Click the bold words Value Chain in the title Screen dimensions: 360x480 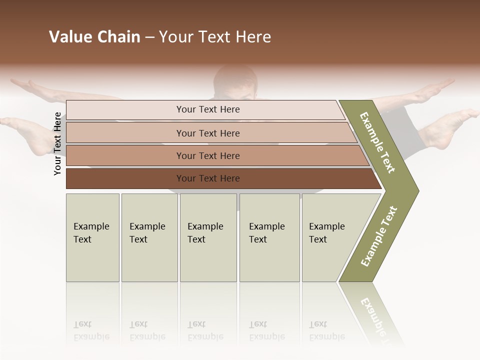click(94, 37)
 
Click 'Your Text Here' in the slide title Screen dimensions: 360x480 click(215, 37)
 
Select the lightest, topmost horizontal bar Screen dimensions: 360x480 click(207, 109)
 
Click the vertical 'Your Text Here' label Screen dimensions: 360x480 click(57, 143)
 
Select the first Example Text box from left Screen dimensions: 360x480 click(92, 237)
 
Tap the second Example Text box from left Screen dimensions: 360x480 click(149, 237)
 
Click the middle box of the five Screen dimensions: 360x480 click(208, 237)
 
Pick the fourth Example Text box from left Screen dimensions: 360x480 click(269, 237)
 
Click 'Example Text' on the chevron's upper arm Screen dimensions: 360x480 click(377, 142)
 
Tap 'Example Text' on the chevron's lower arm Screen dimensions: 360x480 click(379, 236)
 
